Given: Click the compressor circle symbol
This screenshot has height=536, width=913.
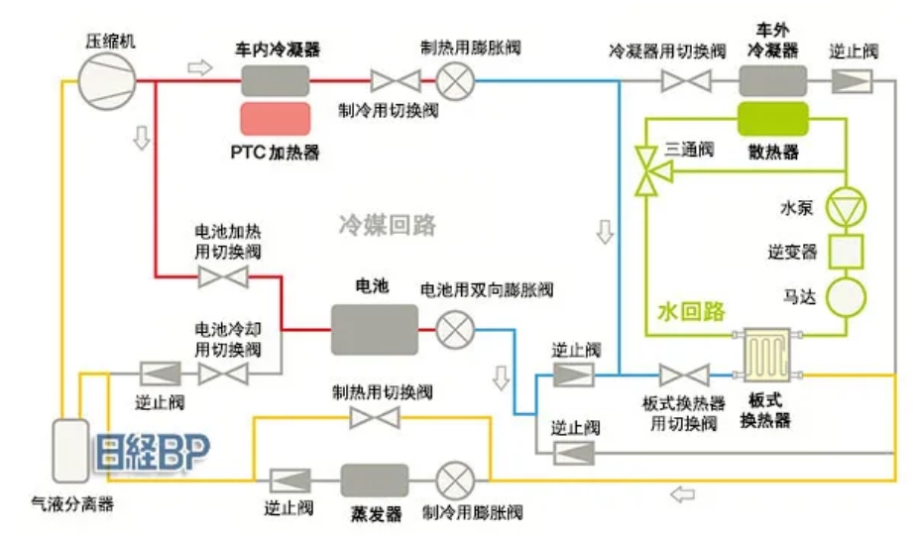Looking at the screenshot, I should [103, 78].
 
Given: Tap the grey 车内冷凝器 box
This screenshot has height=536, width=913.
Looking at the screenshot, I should [277, 78].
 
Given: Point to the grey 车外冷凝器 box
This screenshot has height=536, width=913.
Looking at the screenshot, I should [771, 79].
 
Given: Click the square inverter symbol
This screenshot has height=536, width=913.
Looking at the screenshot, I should [846, 252].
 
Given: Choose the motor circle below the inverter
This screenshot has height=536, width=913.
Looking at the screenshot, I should [846, 296].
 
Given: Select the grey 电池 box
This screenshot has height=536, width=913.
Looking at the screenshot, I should [373, 327].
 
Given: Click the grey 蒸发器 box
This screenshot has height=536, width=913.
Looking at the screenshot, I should [375, 480].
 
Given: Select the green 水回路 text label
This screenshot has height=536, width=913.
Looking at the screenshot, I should [691, 311].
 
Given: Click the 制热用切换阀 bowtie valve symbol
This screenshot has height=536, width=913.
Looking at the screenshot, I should [375, 418].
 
